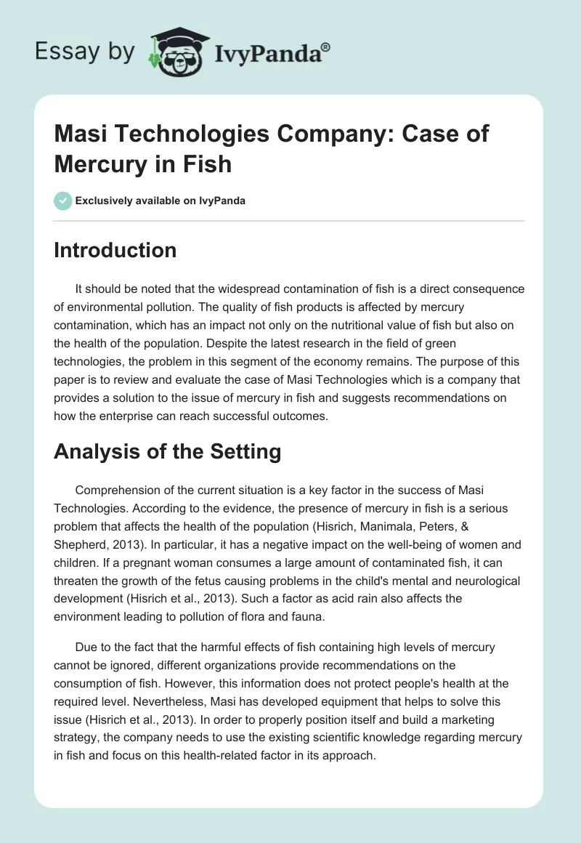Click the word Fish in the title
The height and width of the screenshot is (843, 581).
(210, 164)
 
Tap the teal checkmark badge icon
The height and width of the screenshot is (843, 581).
(63, 201)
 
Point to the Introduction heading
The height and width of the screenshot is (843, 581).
(115, 250)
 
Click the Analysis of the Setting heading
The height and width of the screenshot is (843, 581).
(168, 451)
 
